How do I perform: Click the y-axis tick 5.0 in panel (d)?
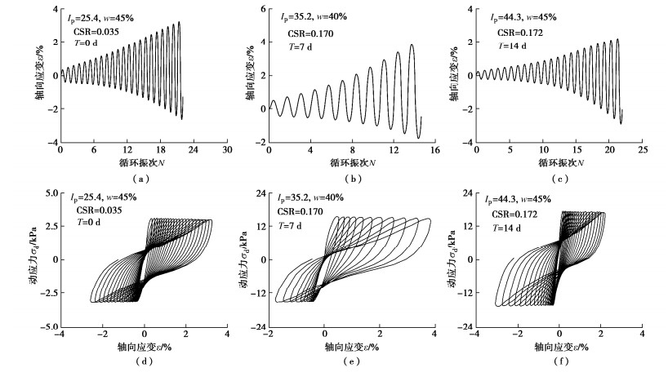tap(49, 193)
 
